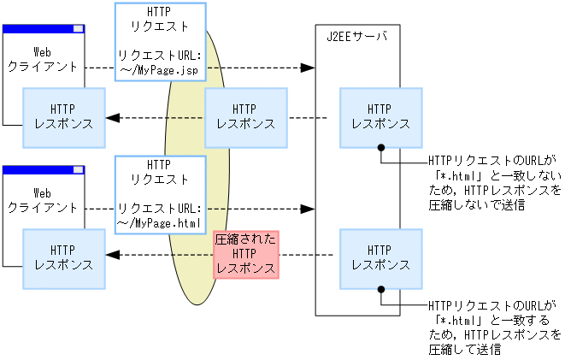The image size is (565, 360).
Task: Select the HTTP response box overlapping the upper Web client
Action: [x=64, y=116]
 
